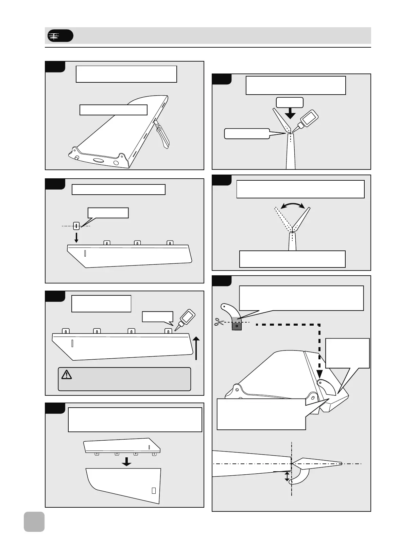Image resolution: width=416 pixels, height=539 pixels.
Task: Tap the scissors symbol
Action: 218,322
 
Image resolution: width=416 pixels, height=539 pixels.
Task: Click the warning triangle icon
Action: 66,375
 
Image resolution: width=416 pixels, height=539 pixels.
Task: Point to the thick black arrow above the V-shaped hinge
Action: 290,113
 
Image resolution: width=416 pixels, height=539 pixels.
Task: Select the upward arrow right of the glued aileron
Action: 196,347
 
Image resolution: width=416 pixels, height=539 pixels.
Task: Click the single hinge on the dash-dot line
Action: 76,226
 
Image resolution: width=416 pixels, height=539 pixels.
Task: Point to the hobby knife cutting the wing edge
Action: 162,134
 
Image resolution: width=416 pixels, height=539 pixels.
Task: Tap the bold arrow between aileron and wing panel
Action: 127,461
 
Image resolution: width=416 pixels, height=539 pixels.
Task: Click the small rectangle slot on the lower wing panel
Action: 154,490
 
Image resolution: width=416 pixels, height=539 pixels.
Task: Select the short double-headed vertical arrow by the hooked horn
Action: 287,476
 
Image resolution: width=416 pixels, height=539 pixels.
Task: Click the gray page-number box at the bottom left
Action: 34,521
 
